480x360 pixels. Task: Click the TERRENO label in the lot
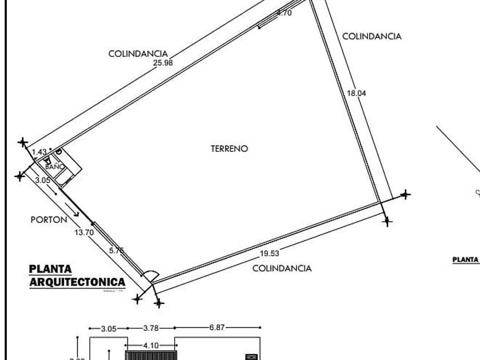point(229,149)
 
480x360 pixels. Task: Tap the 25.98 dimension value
point(163,63)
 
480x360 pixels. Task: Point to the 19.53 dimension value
point(270,254)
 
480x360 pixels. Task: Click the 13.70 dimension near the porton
point(83,232)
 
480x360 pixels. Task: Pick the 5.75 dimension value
point(117,250)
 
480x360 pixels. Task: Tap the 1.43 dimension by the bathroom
point(39,152)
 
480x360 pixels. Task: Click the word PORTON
point(49,219)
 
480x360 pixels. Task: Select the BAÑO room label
point(55,167)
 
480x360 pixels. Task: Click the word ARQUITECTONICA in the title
point(77,282)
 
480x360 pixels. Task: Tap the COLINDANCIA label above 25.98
point(138,54)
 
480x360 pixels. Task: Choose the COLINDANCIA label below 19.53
point(282,268)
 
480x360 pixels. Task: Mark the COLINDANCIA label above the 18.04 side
point(371,36)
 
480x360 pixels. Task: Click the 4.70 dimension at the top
point(284,13)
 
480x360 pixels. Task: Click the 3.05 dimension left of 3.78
point(109,329)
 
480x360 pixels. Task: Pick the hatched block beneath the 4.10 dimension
point(150,355)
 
